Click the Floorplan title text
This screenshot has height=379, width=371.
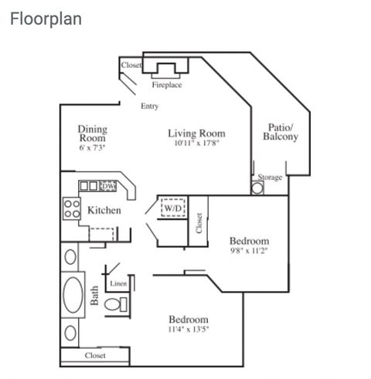46,19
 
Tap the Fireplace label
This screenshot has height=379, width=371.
167,85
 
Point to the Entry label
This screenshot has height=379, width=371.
149,106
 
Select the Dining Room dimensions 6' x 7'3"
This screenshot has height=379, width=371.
92,147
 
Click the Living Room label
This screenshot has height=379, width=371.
196,134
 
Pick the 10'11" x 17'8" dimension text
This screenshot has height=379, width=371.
196,143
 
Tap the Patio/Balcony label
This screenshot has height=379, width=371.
281,132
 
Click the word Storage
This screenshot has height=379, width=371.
270,178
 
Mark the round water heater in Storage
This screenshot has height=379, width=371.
257,188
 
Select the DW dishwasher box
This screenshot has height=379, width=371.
107,186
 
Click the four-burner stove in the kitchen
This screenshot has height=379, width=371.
72,208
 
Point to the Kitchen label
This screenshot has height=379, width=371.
104,210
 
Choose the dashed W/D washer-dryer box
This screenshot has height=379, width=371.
173,208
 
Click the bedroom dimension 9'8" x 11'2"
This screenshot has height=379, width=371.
249,250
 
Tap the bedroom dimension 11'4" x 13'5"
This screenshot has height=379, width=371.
189,329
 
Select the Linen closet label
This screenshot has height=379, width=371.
118,283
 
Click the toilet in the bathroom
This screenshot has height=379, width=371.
116,305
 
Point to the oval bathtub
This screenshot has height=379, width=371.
73,295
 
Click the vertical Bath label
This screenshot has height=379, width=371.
94,296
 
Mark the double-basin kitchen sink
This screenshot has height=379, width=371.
89,186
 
